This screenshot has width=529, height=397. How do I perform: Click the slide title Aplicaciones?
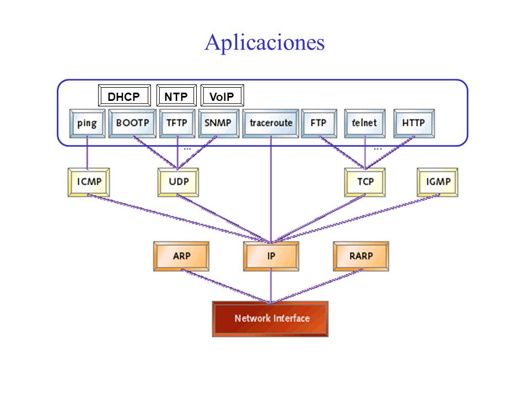pyautogui.click(x=264, y=43)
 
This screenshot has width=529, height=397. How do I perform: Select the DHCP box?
pyautogui.click(x=124, y=95)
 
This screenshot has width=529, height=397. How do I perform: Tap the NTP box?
pyautogui.click(x=176, y=95)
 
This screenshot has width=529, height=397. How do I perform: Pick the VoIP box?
pyautogui.click(x=222, y=95)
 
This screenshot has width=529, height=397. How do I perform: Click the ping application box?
pyautogui.click(x=88, y=123)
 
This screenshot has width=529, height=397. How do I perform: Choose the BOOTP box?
pyautogui.click(x=132, y=123)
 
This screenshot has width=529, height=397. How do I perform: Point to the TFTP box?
pyautogui.click(x=177, y=123)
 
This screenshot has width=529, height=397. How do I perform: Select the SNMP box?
pyautogui.click(x=219, y=123)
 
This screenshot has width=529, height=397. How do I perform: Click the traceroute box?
pyautogui.click(x=271, y=123)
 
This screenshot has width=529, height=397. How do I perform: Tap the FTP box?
pyautogui.click(x=319, y=123)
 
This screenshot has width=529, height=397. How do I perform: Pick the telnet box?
pyautogui.click(x=365, y=123)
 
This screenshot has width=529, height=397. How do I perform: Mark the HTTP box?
pyautogui.click(x=414, y=123)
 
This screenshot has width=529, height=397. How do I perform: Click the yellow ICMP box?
pyautogui.click(x=89, y=183)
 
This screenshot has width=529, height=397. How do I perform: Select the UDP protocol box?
pyautogui.click(x=178, y=183)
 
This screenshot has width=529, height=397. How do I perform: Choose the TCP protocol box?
pyautogui.click(x=365, y=183)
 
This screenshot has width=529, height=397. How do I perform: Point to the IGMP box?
pyautogui.click(x=438, y=183)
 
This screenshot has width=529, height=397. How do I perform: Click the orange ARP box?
pyautogui.click(x=181, y=256)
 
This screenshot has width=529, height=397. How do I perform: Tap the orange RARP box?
pyautogui.click(x=361, y=256)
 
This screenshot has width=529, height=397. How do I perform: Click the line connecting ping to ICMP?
pyautogui.click(x=88, y=153)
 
